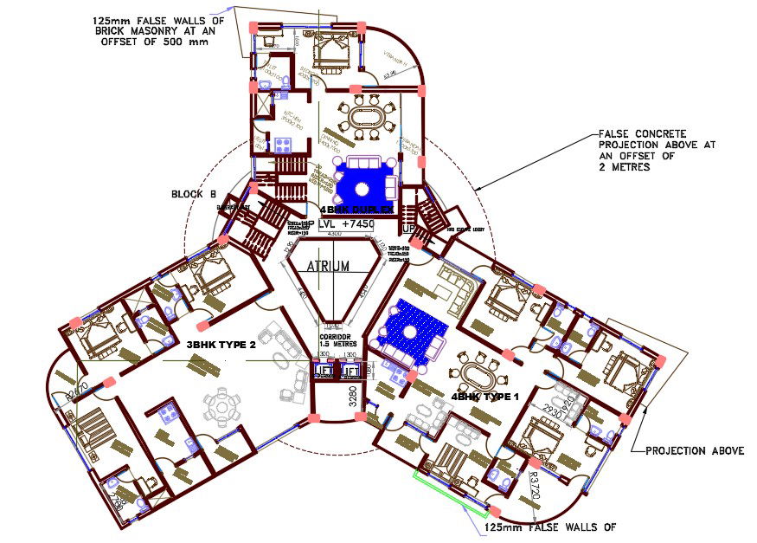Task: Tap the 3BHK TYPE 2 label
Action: [x=221, y=345]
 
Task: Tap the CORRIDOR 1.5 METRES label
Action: [x=333, y=339]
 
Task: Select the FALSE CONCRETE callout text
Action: [x=642, y=134]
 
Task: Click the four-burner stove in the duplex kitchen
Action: [x=280, y=144]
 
